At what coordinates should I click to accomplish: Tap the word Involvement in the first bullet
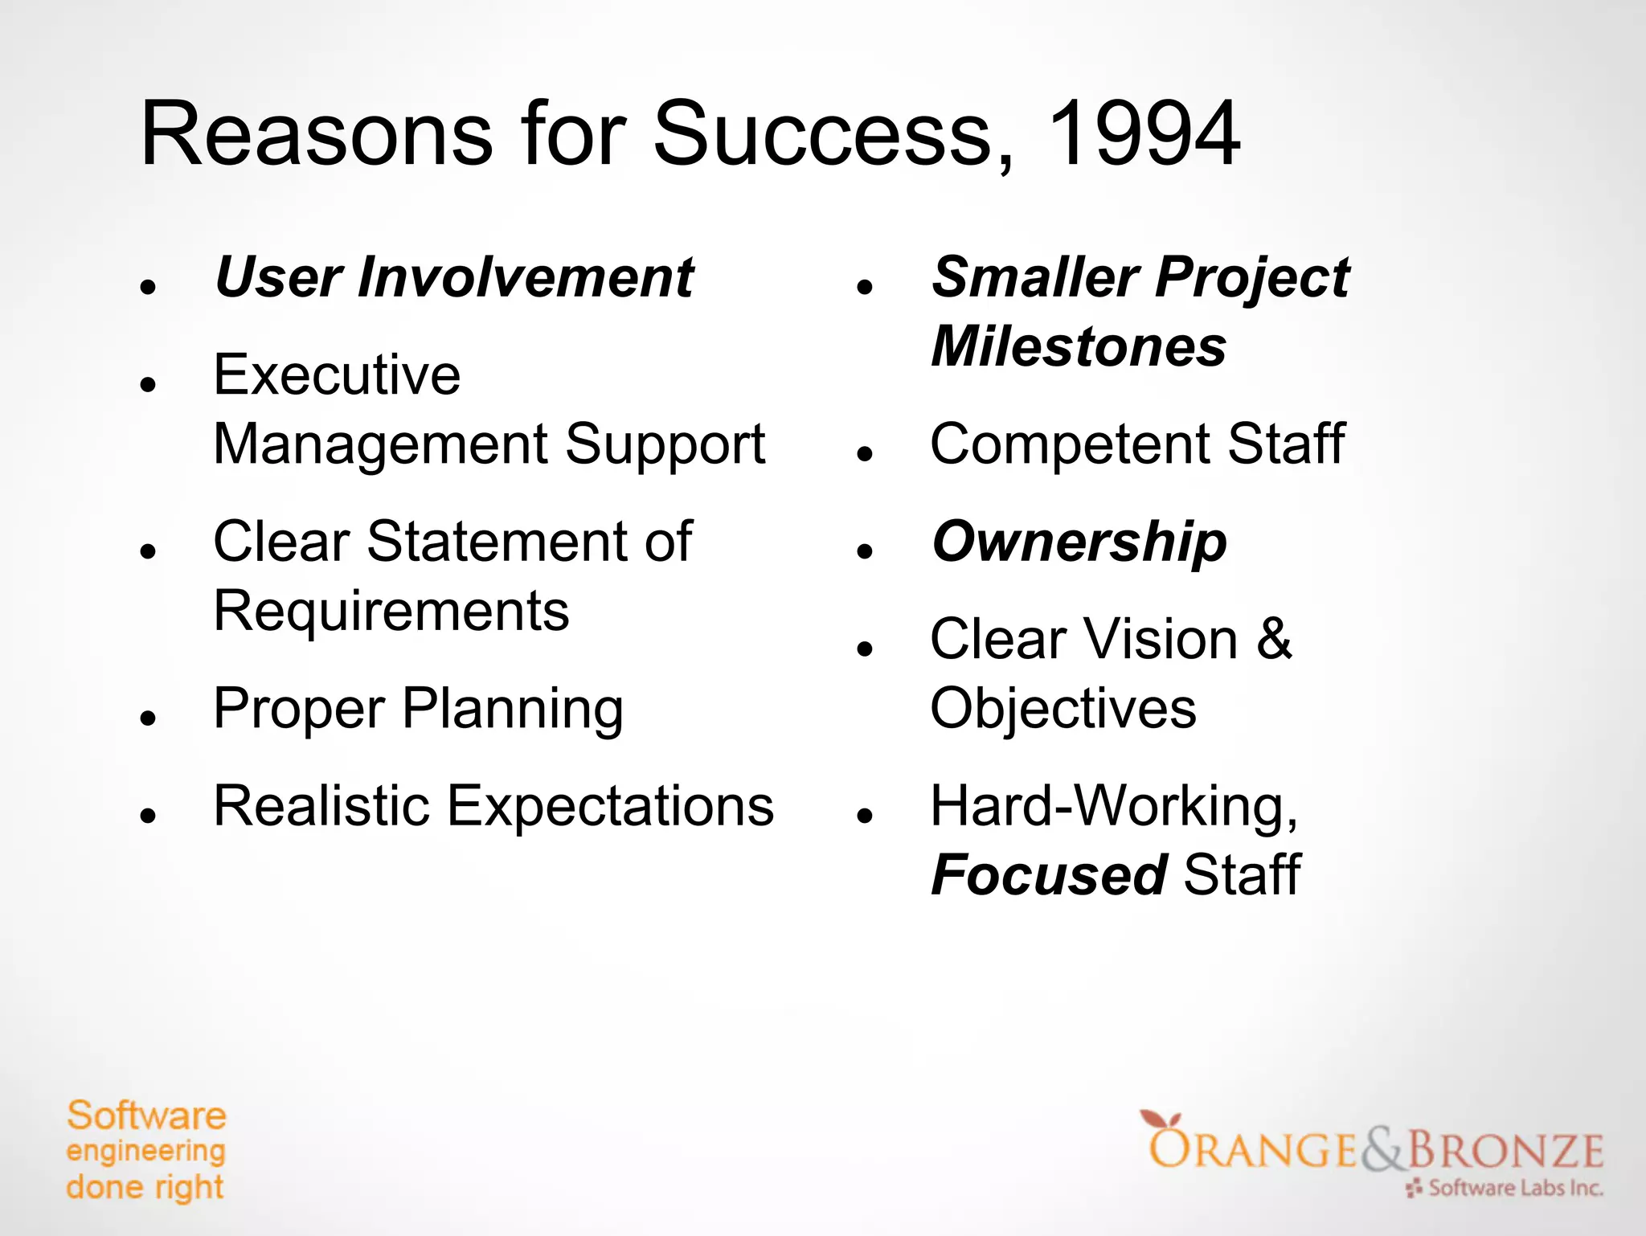click(x=526, y=277)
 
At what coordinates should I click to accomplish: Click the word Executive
click(x=337, y=374)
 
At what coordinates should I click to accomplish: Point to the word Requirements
click(x=391, y=611)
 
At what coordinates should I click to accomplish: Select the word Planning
click(x=513, y=709)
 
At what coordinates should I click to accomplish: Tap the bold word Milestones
click(x=1079, y=346)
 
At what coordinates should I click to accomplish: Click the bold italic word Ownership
click(x=1079, y=542)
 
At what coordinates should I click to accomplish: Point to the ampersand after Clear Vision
click(x=1274, y=639)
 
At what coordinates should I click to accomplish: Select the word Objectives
click(x=1063, y=709)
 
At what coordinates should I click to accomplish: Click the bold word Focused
click(x=1049, y=874)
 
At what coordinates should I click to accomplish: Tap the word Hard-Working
click(x=1113, y=805)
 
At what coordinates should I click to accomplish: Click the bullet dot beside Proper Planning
click(x=147, y=717)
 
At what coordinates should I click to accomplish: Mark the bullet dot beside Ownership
click(x=865, y=550)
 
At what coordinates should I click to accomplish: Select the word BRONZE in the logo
click(x=1505, y=1151)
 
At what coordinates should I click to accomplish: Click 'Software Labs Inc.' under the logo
click(x=1515, y=1188)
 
